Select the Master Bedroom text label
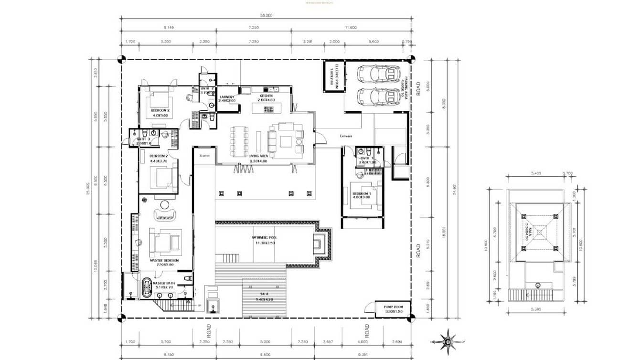pyautogui.click(x=164, y=261)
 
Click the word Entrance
pyautogui.click(x=346, y=136)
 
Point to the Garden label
pyautogui.click(x=204, y=155)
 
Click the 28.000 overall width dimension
pyautogui.click(x=266, y=15)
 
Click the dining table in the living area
pyautogui.click(x=239, y=141)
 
